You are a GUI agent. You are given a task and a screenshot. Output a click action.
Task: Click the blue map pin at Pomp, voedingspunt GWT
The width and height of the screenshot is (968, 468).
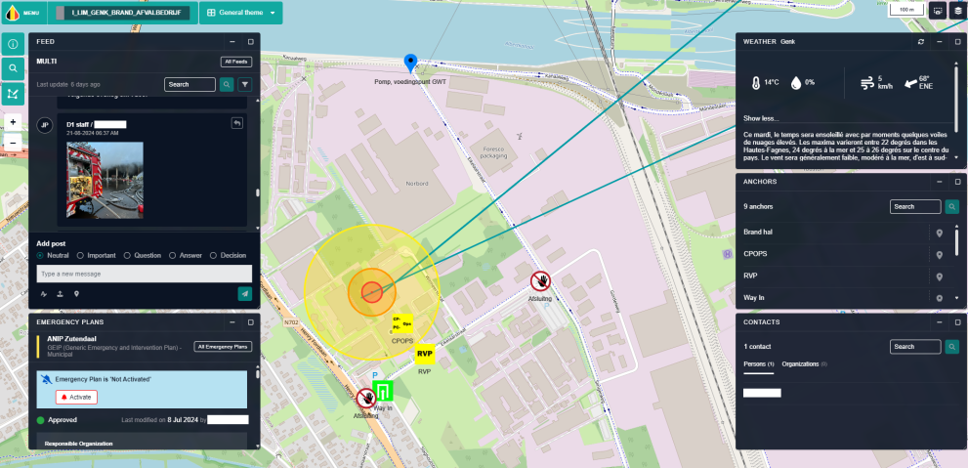tap(411, 64)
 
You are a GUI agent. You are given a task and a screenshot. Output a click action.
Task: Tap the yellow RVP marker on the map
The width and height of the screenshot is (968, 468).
tap(425, 354)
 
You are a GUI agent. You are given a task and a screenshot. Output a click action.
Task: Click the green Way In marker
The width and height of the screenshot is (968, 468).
tap(383, 392)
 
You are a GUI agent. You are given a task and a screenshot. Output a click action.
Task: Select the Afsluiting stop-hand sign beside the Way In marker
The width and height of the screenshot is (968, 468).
tap(366, 398)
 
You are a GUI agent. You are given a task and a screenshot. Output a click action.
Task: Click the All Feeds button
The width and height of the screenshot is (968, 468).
tap(235, 62)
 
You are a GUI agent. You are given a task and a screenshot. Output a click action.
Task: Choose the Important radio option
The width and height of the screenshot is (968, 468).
tap(80, 255)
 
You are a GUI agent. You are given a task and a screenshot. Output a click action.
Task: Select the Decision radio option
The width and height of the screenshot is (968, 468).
tap(214, 255)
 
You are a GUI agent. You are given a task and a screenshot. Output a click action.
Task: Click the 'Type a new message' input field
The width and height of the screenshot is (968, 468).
tap(144, 274)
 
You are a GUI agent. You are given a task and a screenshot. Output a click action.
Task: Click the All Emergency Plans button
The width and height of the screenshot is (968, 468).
tap(222, 346)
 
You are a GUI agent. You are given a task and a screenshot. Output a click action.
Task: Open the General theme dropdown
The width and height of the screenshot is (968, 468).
tap(240, 13)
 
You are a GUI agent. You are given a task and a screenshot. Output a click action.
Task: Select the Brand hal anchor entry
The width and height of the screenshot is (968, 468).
tap(758, 233)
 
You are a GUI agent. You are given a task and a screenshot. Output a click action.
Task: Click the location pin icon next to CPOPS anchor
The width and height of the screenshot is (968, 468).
tap(940, 254)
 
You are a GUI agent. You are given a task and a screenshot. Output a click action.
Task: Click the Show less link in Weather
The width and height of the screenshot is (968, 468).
tap(762, 118)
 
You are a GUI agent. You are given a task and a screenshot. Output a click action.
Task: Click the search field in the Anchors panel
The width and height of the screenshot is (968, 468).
tap(915, 207)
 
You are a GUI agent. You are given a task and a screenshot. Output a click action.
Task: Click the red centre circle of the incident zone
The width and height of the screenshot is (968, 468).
tap(371, 290)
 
